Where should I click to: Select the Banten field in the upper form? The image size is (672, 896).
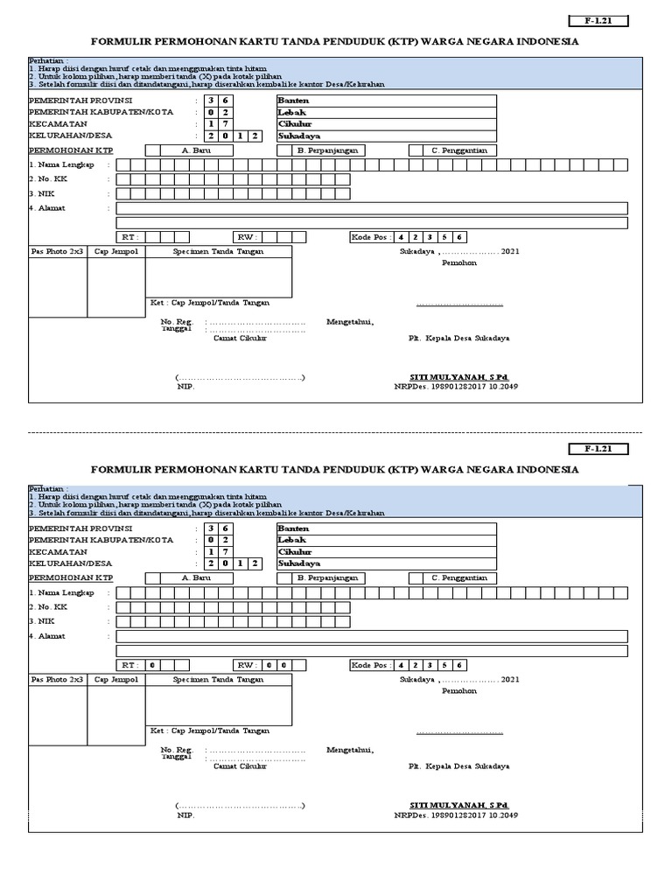[386, 100]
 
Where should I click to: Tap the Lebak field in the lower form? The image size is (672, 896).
[386, 540]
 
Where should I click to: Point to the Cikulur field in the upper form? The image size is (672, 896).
[386, 124]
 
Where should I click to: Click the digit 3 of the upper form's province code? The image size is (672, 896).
[212, 100]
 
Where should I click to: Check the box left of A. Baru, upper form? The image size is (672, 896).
[152, 150]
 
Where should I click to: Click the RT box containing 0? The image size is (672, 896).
[151, 665]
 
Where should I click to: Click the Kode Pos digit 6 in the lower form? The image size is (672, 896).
[459, 665]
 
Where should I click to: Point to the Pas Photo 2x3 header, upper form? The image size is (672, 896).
[58, 251]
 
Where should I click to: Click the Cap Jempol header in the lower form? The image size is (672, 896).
[116, 679]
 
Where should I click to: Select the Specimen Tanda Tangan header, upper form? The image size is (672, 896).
[218, 251]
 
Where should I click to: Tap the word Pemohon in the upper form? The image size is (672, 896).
[458, 262]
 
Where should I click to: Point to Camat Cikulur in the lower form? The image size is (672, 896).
[240, 766]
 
